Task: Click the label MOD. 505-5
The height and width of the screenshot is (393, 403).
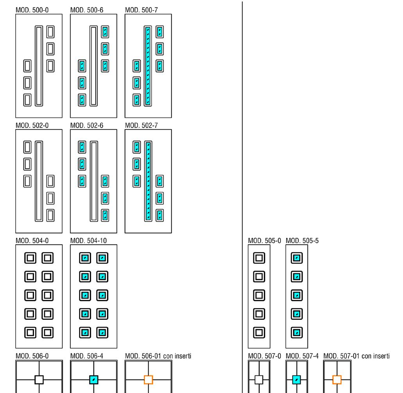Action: point(302,241)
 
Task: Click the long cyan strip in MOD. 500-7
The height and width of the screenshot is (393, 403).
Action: point(148,66)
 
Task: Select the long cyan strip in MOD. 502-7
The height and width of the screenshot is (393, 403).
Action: point(148,181)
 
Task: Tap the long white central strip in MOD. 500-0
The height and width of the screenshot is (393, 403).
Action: point(38,66)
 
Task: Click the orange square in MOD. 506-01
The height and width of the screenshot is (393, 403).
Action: point(148,380)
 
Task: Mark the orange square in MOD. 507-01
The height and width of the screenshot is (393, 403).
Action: point(337,380)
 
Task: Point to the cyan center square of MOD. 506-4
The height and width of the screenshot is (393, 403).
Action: point(93,380)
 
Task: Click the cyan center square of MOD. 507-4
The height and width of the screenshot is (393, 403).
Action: point(296,380)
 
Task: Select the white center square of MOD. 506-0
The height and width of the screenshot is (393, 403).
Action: point(39,380)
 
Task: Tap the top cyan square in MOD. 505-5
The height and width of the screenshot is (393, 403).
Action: point(297,258)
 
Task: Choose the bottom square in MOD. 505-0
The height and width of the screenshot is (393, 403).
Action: point(259,332)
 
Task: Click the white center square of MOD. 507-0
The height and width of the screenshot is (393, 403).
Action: point(259,380)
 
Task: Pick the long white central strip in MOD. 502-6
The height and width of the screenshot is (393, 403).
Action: point(93,181)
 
